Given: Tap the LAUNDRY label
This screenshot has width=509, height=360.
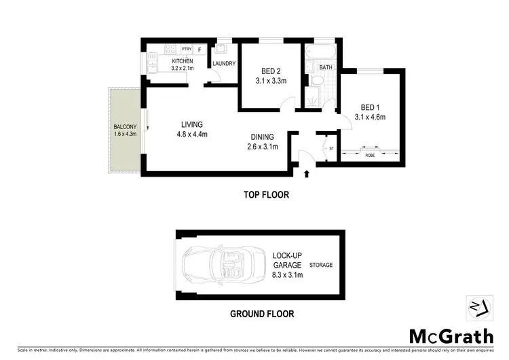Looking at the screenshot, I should pos(223,65).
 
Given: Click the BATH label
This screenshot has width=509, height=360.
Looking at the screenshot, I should pos(326,67).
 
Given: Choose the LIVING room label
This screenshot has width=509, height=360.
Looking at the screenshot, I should pos(193,124).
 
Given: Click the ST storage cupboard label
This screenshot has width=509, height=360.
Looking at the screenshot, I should pos(332,147).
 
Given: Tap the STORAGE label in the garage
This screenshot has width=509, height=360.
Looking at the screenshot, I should pos(321,265).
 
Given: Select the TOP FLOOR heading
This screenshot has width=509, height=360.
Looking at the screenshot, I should pos(266,195).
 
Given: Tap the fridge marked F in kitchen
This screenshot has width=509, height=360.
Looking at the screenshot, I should pos(200,49).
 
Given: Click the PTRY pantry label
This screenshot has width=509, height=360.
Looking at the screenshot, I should pos(185,49).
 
